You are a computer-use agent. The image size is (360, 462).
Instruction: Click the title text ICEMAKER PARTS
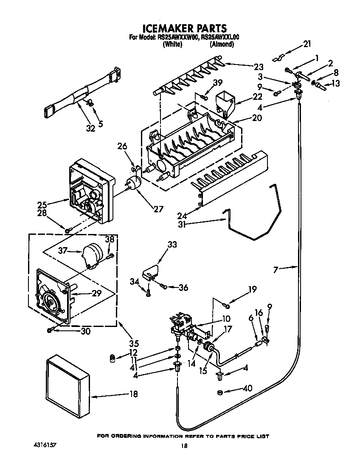click(184, 28)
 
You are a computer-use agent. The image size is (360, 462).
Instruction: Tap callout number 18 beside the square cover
click(133, 394)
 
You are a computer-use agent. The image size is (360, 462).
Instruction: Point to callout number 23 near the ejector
click(259, 67)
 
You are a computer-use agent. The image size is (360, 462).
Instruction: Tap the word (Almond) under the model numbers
click(222, 44)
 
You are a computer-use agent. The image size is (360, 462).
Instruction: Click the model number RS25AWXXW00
click(178, 38)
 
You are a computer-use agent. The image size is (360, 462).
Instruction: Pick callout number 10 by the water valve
click(226, 319)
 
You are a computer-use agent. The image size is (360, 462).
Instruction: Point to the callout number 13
click(335, 84)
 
